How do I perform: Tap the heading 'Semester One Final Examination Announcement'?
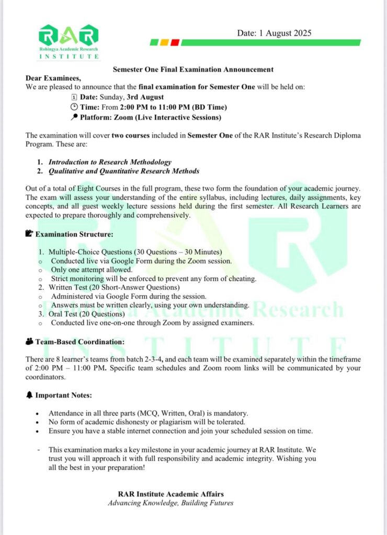pos(193,69)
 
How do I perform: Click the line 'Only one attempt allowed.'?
pos(92,270)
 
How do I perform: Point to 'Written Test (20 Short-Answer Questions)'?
pos(114,287)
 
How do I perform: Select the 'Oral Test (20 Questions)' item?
pos(87,314)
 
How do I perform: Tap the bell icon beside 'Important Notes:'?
pos(29,396)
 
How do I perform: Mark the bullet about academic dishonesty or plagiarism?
pos(147,422)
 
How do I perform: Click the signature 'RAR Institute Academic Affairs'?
pos(170,494)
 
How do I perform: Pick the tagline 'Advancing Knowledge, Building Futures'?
pos(170,503)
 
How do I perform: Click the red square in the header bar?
pos(175,43)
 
